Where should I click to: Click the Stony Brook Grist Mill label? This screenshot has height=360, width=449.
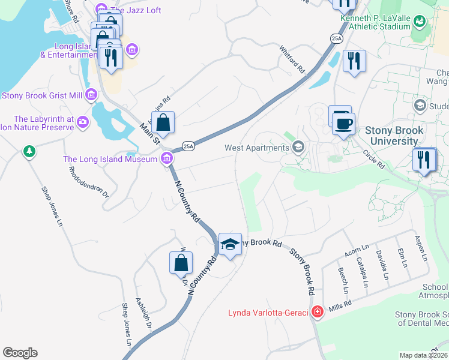coord(42,95)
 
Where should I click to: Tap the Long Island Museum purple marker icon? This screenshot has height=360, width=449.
coord(166,159)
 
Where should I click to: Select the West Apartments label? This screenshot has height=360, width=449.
coord(257,148)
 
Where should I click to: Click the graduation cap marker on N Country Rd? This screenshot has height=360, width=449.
coord(230,244)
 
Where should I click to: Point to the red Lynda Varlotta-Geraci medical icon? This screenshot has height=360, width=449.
coord(317,312)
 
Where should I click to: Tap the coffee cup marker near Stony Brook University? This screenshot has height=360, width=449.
coord(343,124)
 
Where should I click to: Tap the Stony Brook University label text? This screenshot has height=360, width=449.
coord(394,136)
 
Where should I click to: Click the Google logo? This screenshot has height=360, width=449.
coord(20,353)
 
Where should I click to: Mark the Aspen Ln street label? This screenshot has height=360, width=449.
coord(421,248)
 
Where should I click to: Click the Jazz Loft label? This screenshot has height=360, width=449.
coord(135,10)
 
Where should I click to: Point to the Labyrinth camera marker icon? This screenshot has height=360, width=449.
coord(82,123)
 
